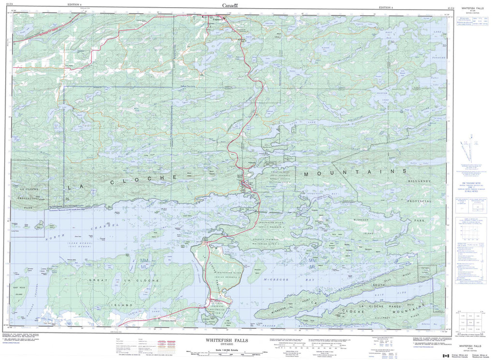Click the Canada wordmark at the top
point(229,5)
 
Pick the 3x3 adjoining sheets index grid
point(472,321)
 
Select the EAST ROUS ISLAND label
point(19,286)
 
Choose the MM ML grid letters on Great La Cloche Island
point(144,264)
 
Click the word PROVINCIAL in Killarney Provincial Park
point(419,201)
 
